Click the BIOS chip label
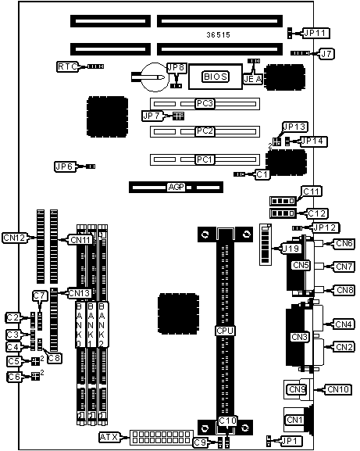pos(216,77)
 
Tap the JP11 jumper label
pos(316,33)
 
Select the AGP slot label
pos(176,188)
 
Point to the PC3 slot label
pos(205,103)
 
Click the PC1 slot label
pos(205,159)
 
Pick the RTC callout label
pos(67,66)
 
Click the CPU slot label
pos(225,331)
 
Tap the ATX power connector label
pos(109,438)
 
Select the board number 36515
pos(219,35)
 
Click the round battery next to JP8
pos(155,77)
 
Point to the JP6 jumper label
pos(66,166)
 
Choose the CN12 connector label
pos(14,238)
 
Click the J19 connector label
pos(291,249)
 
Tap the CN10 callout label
pos(338,389)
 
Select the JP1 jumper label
pos(291,441)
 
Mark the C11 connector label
pos(312,191)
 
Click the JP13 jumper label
pos(295,127)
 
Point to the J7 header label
pos(326,54)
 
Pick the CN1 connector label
pos(294,420)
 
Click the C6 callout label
pos(14,377)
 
